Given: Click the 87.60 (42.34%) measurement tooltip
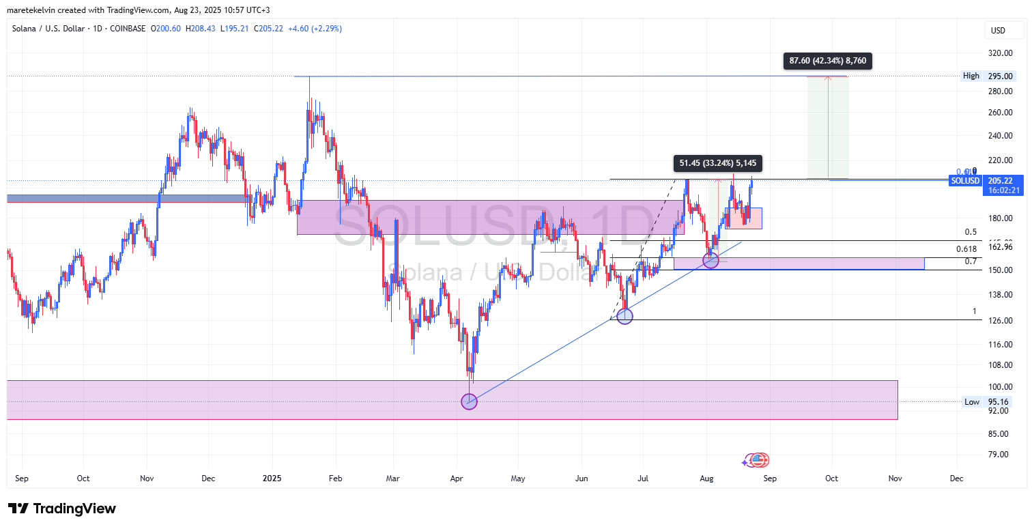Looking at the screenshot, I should (x=827, y=61).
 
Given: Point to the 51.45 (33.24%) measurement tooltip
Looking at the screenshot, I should (x=717, y=163).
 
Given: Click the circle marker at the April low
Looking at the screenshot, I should (x=470, y=401).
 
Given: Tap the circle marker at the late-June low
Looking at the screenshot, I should (x=624, y=315).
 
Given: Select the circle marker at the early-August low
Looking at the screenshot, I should (x=710, y=260).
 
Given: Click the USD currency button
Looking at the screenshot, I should (x=1004, y=30).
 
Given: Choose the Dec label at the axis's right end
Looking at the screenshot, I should (x=956, y=478).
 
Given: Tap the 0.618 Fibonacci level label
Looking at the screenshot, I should (x=966, y=249).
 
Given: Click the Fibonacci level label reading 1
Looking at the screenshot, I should (x=974, y=311).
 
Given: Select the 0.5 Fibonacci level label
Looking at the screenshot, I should (x=970, y=232).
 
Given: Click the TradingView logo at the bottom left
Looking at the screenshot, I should (x=62, y=509).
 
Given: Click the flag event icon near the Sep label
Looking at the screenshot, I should (x=758, y=460).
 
